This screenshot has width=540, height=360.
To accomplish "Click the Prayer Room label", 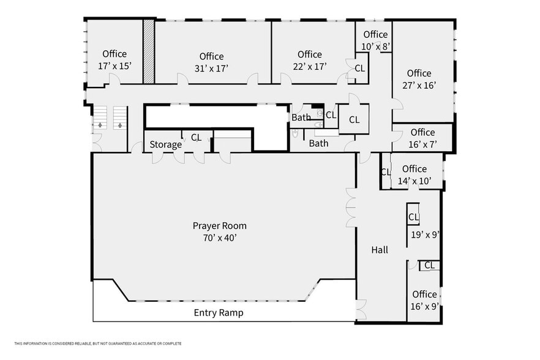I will [x=219, y=226].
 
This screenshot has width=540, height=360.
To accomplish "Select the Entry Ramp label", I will [x=219, y=313].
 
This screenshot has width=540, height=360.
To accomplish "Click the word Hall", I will [x=380, y=250].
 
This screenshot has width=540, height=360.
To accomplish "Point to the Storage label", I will [x=165, y=144].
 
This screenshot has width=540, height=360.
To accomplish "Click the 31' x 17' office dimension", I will [x=211, y=69].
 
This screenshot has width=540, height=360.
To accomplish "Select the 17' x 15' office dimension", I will [x=114, y=66].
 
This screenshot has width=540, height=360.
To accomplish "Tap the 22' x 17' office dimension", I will [x=309, y=66].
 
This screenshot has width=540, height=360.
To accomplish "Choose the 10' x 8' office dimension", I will [x=375, y=46].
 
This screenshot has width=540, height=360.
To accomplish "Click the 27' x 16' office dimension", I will [x=419, y=86].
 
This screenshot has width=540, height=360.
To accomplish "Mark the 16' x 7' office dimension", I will [x=422, y=144].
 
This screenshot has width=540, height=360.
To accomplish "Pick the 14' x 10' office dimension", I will [x=414, y=181].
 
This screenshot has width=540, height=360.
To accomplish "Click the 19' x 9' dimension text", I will [x=424, y=234].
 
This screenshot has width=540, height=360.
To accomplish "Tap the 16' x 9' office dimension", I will [x=424, y=306].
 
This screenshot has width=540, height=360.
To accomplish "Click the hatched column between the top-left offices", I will [x=148, y=51].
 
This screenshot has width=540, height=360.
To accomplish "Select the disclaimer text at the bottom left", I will [x=98, y=343].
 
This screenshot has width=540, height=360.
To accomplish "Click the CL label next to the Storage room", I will [x=196, y=138].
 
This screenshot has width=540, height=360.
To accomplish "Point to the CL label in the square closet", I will [x=354, y=120].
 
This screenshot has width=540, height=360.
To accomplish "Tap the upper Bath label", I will [x=301, y=118].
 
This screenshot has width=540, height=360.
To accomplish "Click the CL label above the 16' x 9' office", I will [x=429, y=265].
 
